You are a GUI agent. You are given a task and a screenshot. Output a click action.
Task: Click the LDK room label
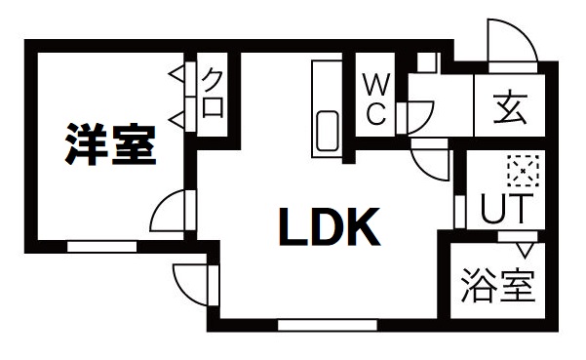click(x=330, y=229)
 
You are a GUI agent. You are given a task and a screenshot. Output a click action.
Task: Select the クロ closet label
click(x=212, y=94)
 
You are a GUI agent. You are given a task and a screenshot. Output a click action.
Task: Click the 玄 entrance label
click(x=508, y=106)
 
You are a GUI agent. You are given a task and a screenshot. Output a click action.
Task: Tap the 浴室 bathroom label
click(x=496, y=288)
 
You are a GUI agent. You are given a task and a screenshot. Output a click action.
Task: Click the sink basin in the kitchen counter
click(x=327, y=131)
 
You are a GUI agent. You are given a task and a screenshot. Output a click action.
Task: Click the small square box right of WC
click(x=426, y=61)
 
